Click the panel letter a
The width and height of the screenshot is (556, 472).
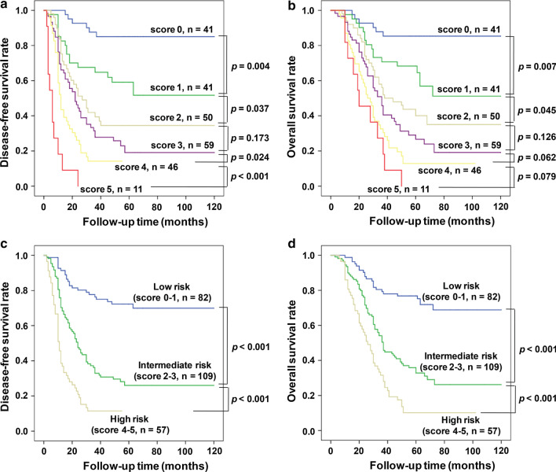pos(5,8)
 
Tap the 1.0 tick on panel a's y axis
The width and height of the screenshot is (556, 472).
pos(23,11)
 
